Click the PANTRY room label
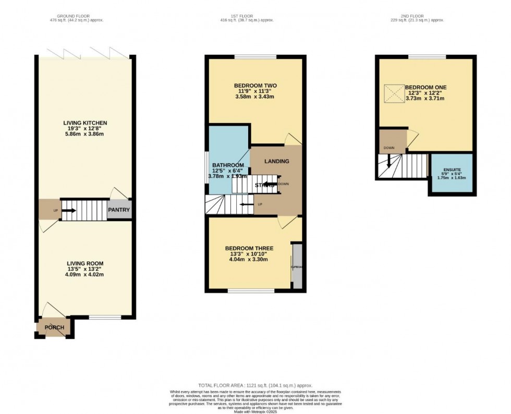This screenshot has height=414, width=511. (119, 210)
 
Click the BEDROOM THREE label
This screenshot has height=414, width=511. (249, 248)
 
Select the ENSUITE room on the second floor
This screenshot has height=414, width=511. (452, 170)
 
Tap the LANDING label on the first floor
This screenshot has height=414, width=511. (276, 161)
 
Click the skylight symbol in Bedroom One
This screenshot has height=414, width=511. (395, 94)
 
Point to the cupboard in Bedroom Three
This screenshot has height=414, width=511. (297, 266)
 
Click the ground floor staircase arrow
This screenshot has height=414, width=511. (69, 211)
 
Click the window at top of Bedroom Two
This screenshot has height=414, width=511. (255, 56)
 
